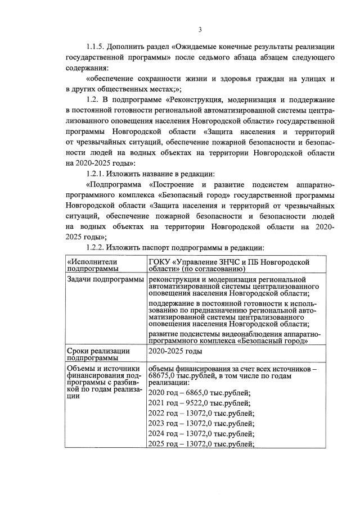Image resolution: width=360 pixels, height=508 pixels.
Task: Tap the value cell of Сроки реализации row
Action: pyautogui.click(x=174, y=351)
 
